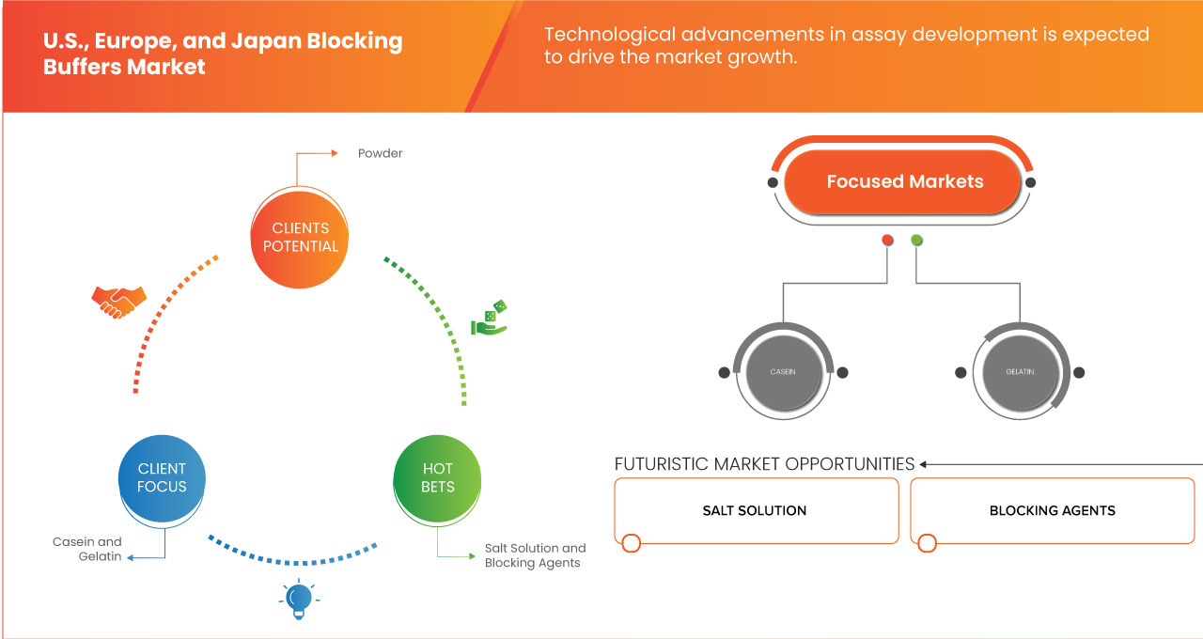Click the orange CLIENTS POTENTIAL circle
click(x=301, y=238)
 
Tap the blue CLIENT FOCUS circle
click(x=163, y=477)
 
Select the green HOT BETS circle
click(x=438, y=477)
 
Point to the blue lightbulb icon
click(x=299, y=600)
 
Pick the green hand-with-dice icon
click(x=490, y=319)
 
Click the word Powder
click(x=380, y=153)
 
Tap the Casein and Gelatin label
click(x=87, y=550)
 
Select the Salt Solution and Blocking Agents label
click(x=535, y=555)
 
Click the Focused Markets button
click(x=904, y=182)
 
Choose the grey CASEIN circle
click(x=783, y=372)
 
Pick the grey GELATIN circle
click(x=1020, y=372)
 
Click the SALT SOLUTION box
click(x=756, y=511)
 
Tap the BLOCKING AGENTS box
click(x=1052, y=511)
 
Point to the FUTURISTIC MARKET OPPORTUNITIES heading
click(x=764, y=464)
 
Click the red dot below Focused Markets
click(x=887, y=241)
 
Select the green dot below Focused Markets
click(x=916, y=241)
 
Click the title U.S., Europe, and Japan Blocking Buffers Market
click(x=223, y=55)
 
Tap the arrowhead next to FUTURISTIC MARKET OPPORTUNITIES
click(x=924, y=464)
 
